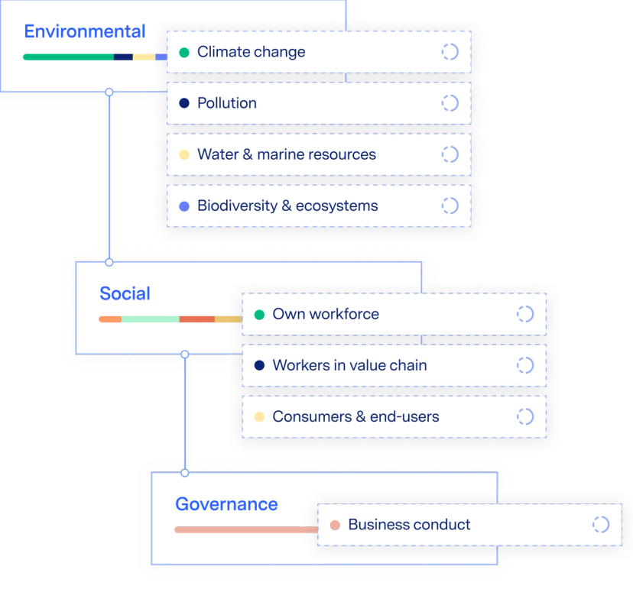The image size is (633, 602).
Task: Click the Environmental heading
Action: pyautogui.click(x=84, y=31)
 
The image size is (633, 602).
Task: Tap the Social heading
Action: pyautogui.click(x=125, y=293)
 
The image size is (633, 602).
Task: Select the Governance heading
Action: pyautogui.click(x=226, y=503)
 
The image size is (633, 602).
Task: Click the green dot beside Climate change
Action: pyautogui.click(x=184, y=53)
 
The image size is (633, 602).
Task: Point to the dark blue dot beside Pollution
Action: pyautogui.click(x=184, y=103)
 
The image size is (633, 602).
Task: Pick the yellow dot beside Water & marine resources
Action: pyautogui.click(x=184, y=154)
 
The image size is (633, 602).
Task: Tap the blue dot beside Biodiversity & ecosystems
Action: pyautogui.click(x=184, y=206)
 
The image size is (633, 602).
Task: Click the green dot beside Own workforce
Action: pyautogui.click(x=259, y=315)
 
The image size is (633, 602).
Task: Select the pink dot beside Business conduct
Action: pyautogui.click(x=334, y=526)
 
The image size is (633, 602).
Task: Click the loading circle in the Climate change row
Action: pyautogui.click(x=450, y=52)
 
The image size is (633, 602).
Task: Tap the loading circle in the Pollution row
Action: pyautogui.click(x=450, y=103)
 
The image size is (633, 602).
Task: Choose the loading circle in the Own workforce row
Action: pyautogui.click(x=525, y=314)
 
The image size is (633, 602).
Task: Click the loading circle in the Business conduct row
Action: pyautogui.click(x=601, y=525)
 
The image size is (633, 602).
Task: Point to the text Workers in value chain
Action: pyautogui.click(x=349, y=365)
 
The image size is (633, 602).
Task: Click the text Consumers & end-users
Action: pyautogui.click(x=355, y=416)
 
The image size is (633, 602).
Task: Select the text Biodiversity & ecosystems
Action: pyautogui.click(x=287, y=206)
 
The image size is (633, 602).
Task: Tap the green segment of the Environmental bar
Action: pyautogui.click(x=67, y=56)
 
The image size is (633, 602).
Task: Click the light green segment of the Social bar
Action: pyautogui.click(x=150, y=319)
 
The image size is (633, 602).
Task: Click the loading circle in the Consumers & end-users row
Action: pyautogui.click(x=525, y=416)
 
